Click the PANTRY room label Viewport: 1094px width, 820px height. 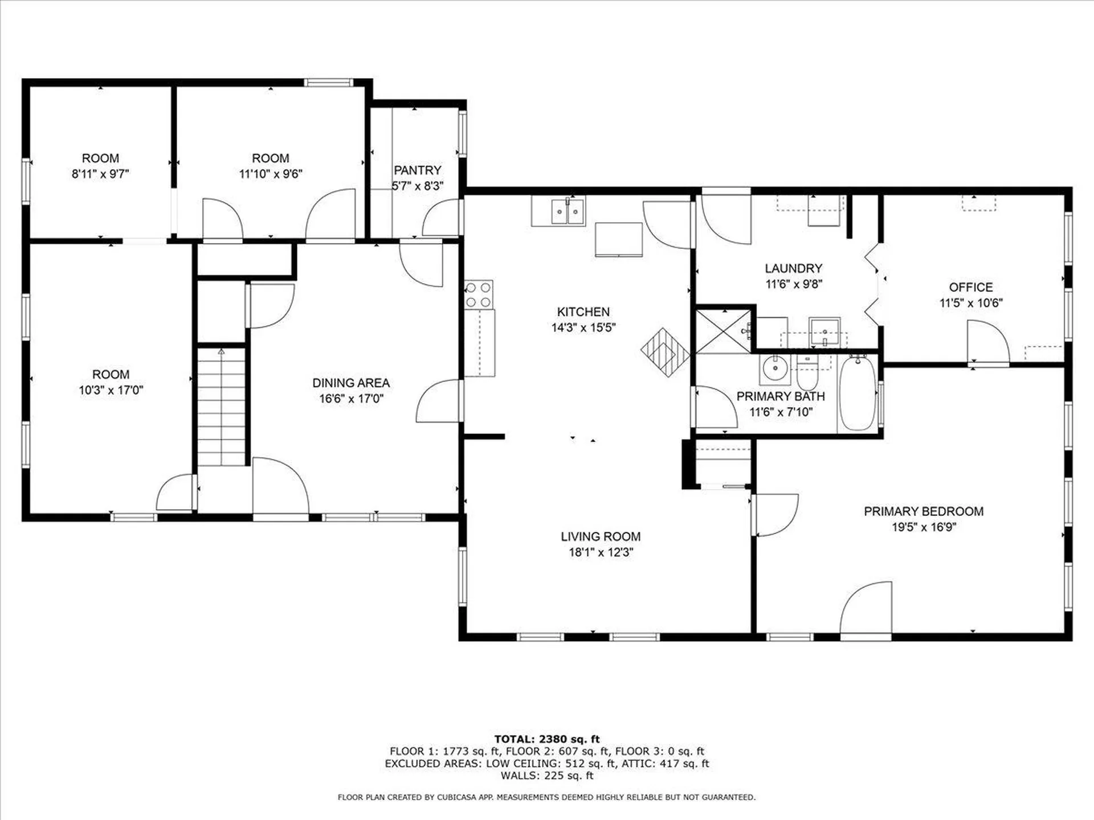(x=417, y=170)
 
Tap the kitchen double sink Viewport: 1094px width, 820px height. (x=568, y=212)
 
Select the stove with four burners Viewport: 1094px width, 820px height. (x=479, y=294)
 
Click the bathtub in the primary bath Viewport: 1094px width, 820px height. (x=858, y=393)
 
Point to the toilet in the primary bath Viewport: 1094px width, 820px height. (x=807, y=373)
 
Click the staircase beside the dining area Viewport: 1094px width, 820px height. (x=221, y=407)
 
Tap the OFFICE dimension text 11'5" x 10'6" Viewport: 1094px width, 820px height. (x=970, y=303)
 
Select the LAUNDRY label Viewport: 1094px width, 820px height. (x=793, y=268)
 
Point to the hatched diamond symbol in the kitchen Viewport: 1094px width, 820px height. (x=665, y=351)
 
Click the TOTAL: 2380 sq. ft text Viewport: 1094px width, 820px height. (x=546, y=739)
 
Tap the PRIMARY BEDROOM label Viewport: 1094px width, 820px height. (x=923, y=511)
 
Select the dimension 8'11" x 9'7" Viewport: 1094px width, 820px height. (x=100, y=174)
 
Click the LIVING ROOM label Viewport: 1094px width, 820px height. (x=600, y=536)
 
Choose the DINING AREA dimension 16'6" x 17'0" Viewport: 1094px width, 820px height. (x=350, y=399)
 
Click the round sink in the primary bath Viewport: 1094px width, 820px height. (x=774, y=368)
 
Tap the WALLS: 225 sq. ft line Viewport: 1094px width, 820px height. (x=546, y=776)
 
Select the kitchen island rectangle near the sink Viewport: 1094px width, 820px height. (x=618, y=240)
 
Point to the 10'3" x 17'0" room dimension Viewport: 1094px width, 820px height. (x=111, y=390)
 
